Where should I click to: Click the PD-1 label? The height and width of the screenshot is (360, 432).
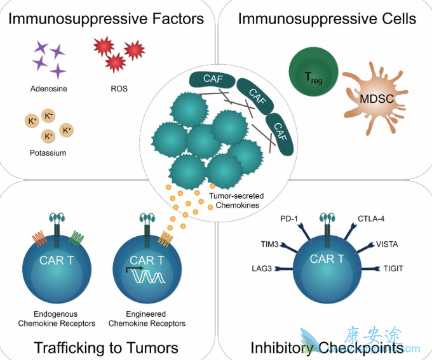tap(289, 219)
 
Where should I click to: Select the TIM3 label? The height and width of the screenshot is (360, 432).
tap(270, 243)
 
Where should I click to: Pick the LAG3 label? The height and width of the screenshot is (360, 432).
tap(262, 269)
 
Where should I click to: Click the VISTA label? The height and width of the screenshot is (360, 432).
tap(387, 243)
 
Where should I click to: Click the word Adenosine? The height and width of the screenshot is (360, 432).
tap(48, 88)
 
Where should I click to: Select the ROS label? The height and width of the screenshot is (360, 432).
tap(119, 88)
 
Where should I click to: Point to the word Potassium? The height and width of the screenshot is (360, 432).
tap(48, 153)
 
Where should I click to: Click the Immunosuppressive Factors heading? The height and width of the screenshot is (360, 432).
tap(106, 18)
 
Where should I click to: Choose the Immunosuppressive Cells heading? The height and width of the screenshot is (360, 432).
tap(327, 18)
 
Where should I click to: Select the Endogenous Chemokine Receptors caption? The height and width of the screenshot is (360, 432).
tap(57, 319)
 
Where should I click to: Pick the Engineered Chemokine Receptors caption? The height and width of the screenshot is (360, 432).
tap(147, 319)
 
